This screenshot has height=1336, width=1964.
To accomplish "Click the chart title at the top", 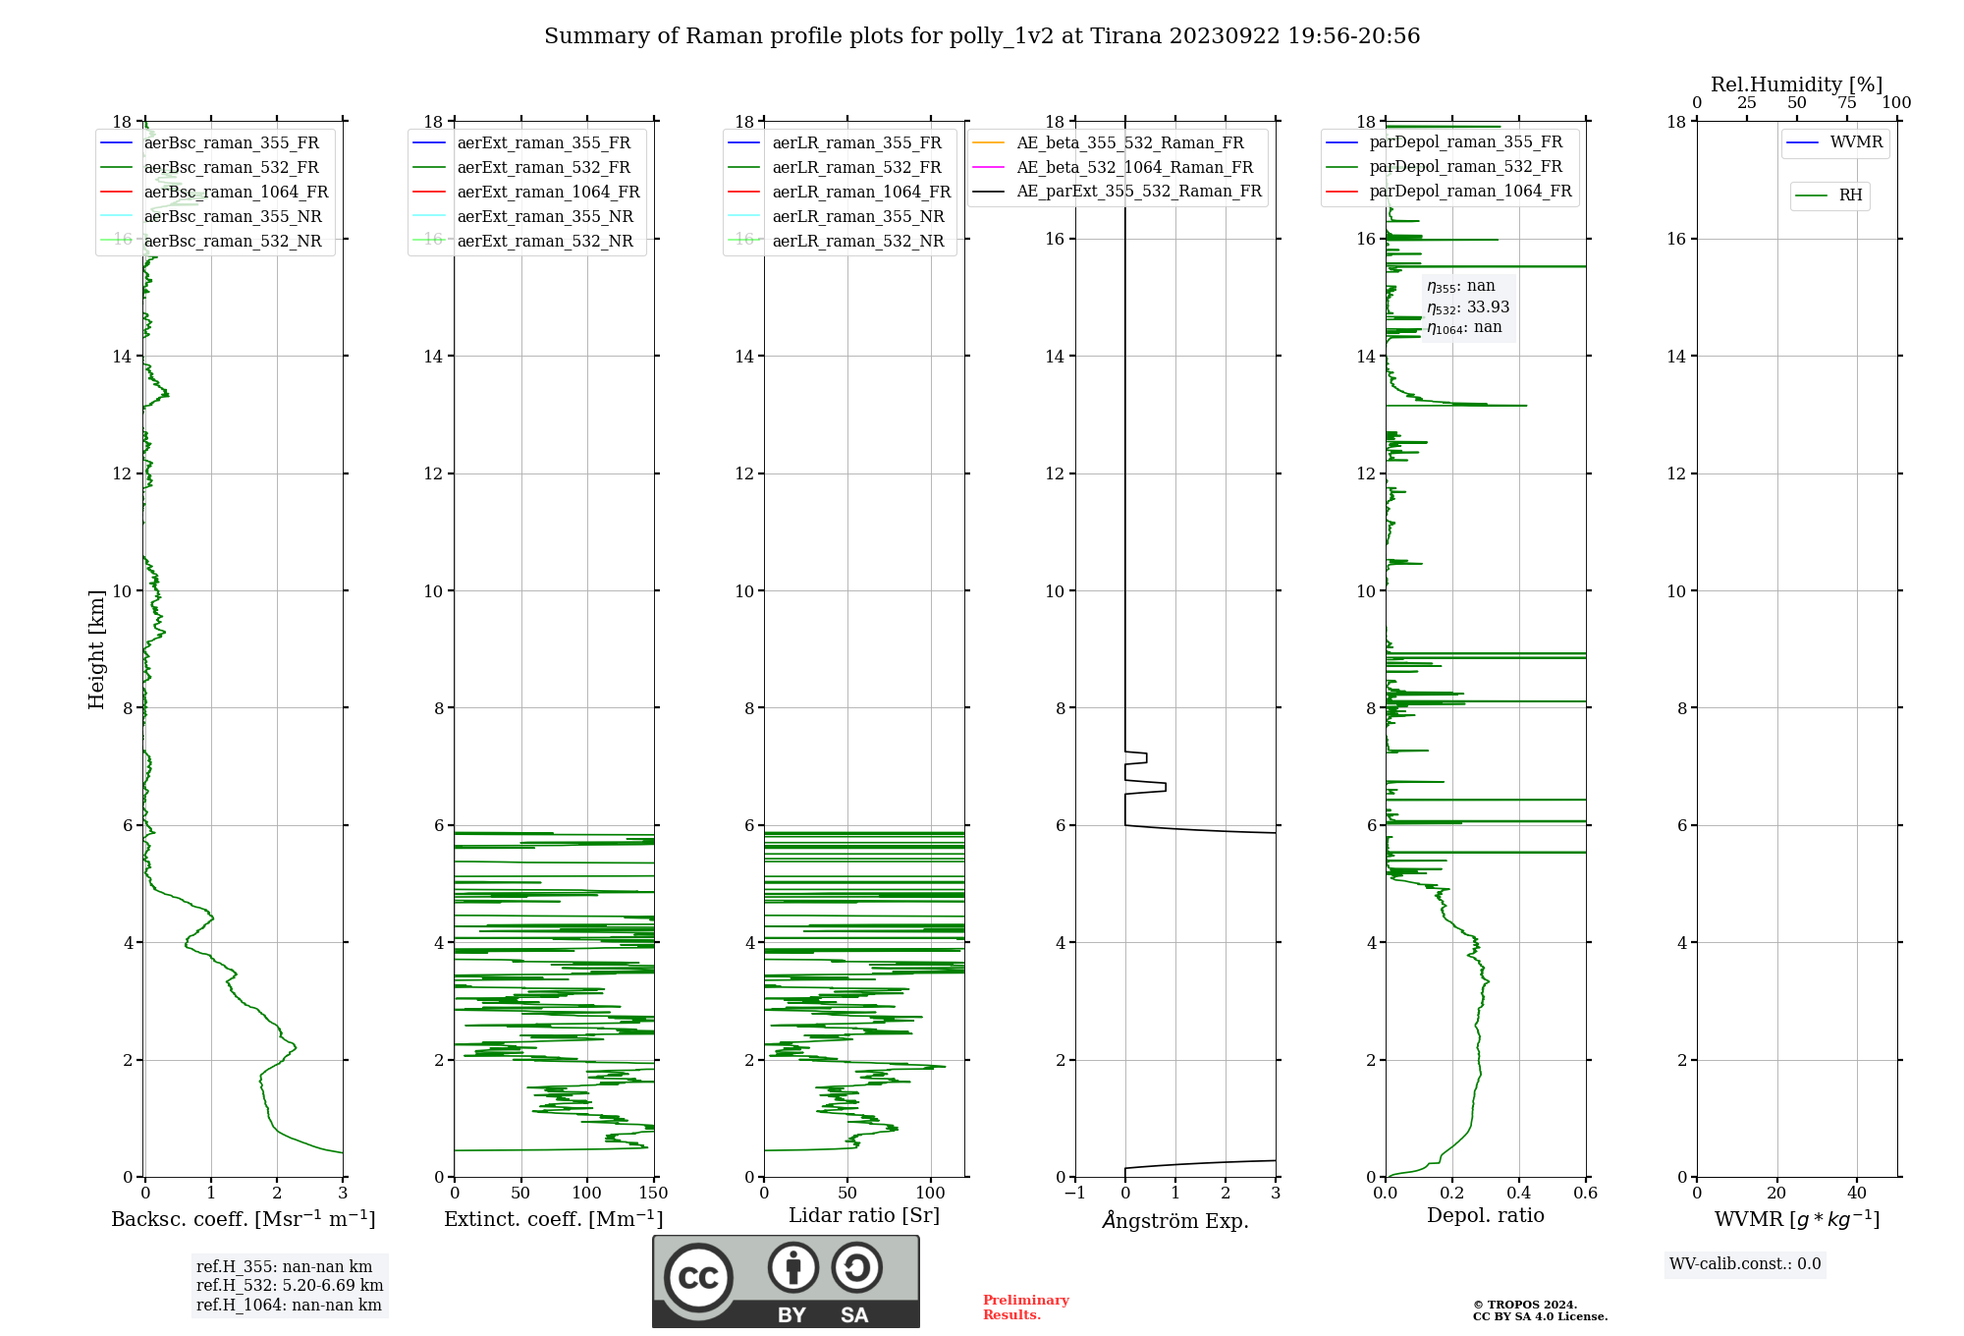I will [x=982, y=36].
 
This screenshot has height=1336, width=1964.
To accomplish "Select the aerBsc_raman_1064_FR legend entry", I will [x=236, y=192].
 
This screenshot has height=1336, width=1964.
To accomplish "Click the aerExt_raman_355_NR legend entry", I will [x=545, y=216].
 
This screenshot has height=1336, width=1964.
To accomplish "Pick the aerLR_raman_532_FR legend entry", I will [x=856, y=167].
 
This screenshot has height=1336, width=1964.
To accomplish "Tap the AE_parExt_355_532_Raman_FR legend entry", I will [x=1139, y=191].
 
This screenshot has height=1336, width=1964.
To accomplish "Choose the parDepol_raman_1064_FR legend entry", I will [x=1470, y=191].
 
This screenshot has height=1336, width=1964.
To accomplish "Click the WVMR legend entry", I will [x=1856, y=142].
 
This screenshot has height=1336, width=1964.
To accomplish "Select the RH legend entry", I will [x=1850, y=195].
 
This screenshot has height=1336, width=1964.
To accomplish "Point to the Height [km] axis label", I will [x=96, y=648].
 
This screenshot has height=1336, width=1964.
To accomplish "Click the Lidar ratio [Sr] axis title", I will [x=864, y=1215].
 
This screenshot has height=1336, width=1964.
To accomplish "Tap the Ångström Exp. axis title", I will [x=1175, y=1220].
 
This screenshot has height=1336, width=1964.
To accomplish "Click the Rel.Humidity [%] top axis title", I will [x=1797, y=84].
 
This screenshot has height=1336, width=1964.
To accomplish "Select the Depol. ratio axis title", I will [x=1486, y=1215].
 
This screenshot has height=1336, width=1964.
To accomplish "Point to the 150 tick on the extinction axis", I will [x=653, y=1194].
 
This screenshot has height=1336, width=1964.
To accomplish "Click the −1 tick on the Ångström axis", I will [x=1075, y=1194].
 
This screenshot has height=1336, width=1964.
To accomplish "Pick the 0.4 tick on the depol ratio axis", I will [x=1519, y=1194].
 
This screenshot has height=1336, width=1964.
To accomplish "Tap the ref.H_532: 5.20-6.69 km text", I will [x=290, y=1285].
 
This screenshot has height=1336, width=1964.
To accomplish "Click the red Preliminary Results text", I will [x=1025, y=1307].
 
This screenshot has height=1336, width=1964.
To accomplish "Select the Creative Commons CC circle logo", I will [x=698, y=1278].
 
